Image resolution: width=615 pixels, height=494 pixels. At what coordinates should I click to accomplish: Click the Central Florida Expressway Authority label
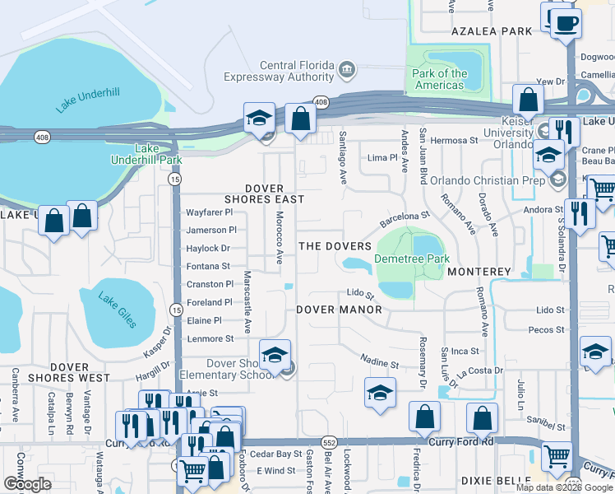coord(296,72)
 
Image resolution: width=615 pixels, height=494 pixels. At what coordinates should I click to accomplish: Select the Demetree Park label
coord(409,259)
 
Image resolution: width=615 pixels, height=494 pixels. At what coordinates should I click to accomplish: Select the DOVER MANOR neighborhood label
coord(339,310)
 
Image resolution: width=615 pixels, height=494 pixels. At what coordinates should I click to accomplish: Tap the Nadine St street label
coord(381,363)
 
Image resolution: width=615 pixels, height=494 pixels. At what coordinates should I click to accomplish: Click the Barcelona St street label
coord(405,220)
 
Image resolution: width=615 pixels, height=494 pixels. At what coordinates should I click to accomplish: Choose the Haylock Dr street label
coord(209,248)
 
